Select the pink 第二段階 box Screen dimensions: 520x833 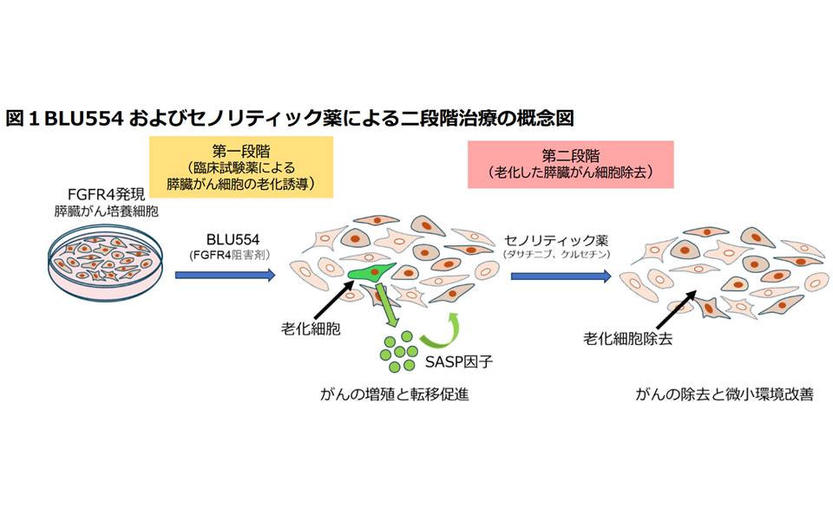pyautogui.click(x=570, y=164)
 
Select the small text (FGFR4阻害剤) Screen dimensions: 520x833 pyautogui.click(x=226, y=255)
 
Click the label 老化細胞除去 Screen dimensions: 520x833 pyautogui.click(x=628, y=339)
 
